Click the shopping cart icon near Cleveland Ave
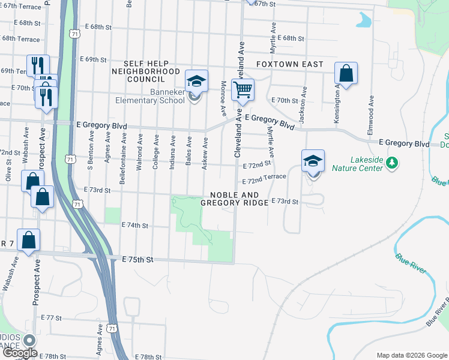[243, 90]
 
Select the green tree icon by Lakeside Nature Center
[391, 163]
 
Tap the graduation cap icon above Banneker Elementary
[196, 80]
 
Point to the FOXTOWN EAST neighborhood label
[289, 64]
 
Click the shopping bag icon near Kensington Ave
[346, 73]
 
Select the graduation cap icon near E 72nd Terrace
[313, 160]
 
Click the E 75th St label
[138, 259]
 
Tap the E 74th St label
[134, 225]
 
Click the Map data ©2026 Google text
[411, 355]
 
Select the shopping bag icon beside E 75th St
[28, 240]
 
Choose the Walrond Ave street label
[139, 153]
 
